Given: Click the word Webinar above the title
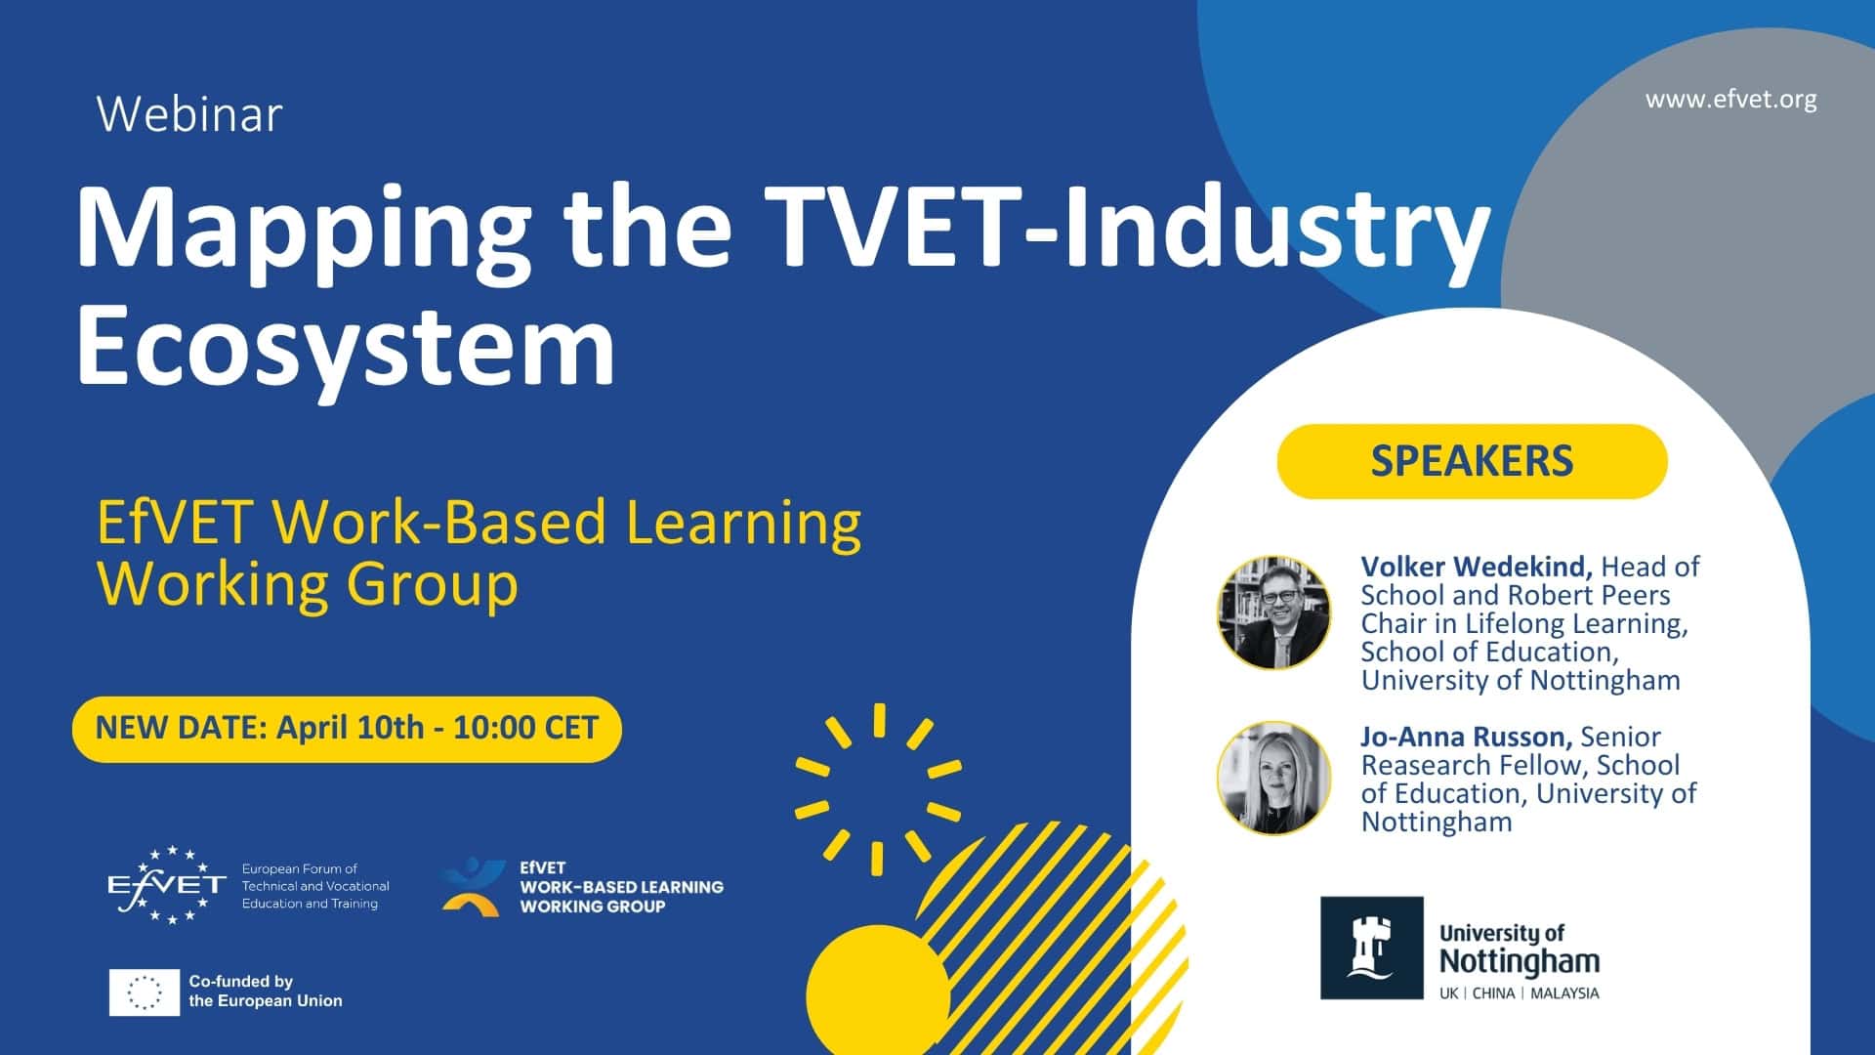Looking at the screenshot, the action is click(189, 114).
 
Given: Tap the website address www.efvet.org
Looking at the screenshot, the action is click(1730, 100).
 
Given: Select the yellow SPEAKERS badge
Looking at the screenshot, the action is click(1472, 461).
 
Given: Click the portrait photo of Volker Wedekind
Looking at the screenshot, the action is click(1273, 612).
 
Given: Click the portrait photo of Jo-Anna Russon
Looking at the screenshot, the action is click(1273, 778).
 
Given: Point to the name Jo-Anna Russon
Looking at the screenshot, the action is click(1466, 737).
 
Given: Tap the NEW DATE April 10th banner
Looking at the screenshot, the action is click(347, 729).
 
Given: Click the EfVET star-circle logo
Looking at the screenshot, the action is click(167, 885).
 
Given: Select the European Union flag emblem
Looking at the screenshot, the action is click(145, 992).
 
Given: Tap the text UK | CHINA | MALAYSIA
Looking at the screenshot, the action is click(1519, 993).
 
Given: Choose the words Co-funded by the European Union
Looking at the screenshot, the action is click(265, 991).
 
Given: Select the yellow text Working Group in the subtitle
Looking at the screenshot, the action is click(307, 585).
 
